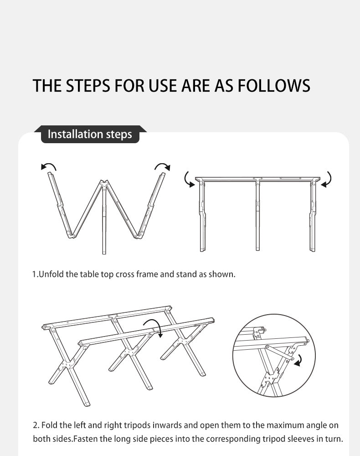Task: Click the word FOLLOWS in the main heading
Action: tap(274, 86)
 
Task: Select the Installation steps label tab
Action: tap(90, 135)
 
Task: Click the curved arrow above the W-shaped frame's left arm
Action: tap(49, 166)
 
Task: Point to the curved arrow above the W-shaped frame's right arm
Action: tap(162, 166)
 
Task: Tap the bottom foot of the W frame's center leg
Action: tap(104, 252)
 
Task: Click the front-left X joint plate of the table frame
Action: tap(68, 365)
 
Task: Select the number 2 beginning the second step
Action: tap(36, 425)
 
